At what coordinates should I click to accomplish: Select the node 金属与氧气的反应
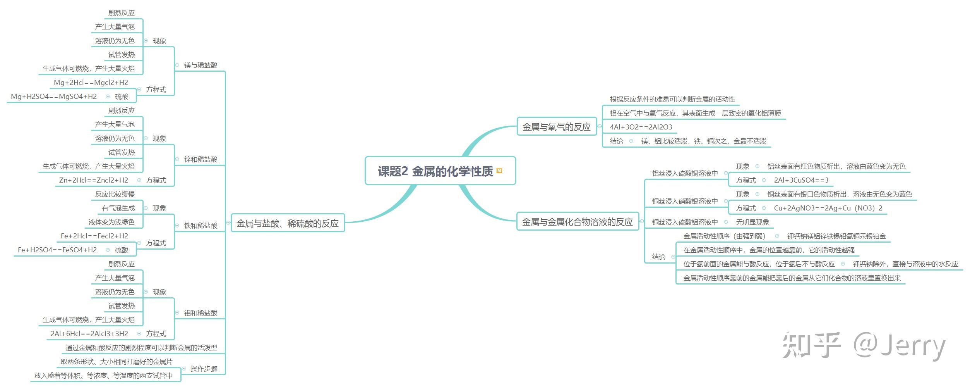(557, 127)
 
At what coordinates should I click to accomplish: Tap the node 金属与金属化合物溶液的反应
(578, 222)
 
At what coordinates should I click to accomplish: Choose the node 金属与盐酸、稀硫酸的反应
(288, 223)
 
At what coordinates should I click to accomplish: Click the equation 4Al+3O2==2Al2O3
(641, 127)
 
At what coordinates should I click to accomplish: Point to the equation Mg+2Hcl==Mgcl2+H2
(91, 83)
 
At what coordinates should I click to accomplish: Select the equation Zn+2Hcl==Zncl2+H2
(94, 180)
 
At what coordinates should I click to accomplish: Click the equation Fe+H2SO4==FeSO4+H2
(57, 250)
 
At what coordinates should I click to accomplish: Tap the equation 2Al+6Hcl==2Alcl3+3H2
(89, 334)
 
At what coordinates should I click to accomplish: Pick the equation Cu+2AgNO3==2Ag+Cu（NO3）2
(828, 208)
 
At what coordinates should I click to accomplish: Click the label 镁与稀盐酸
(201, 65)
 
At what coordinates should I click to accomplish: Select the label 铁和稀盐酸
(201, 226)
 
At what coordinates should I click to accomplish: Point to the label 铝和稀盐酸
(201, 313)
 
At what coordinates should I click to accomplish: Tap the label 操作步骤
(204, 369)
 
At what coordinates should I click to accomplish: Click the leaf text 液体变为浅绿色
(111, 222)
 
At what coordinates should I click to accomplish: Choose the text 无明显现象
(752, 222)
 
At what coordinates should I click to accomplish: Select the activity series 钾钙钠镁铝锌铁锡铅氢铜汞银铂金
(836, 236)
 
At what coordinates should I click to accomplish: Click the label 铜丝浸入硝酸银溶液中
(685, 201)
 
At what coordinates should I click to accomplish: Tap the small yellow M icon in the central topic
(499, 171)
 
